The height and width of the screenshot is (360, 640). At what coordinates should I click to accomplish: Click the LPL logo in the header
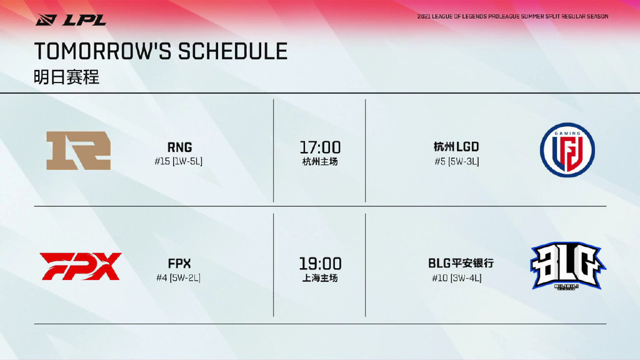click(x=71, y=19)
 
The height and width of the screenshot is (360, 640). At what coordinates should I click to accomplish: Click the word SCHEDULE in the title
click(x=232, y=51)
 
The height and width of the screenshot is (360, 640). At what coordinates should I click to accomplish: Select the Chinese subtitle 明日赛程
click(x=66, y=77)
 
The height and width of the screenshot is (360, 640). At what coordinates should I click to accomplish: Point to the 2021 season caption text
click(x=512, y=16)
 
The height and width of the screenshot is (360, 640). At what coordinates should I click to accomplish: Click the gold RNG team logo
click(x=78, y=150)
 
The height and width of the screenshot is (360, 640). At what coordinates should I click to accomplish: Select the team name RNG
click(x=179, y=147)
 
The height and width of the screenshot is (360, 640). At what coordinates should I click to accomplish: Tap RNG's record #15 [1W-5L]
click(x=178, y=161)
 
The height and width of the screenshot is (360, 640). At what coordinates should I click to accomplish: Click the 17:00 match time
click(x=320, y=147)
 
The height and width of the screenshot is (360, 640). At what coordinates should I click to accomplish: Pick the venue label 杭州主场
click(x=320, y=162)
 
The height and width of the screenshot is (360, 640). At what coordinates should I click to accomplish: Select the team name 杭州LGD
click(x=456, y=146)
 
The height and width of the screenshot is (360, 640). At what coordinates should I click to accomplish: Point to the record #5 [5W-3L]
click(x=457, y=161)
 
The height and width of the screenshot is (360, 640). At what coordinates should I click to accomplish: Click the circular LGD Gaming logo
click(x=567, y=150)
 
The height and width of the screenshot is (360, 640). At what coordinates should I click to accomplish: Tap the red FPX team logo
click(x=81, y=266)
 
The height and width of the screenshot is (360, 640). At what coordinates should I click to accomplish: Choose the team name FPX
click(x=179, y=263)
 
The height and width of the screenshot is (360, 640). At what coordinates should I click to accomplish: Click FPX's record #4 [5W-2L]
click(x=178, y=277)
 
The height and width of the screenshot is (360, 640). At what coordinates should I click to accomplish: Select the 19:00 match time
click(x=320, y=264)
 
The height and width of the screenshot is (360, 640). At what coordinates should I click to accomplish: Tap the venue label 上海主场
click(x=320, y=278)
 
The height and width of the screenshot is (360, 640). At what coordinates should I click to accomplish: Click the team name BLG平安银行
click(x=461, y=263)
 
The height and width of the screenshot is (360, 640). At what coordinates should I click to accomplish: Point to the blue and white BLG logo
click(x=567, y=266)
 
